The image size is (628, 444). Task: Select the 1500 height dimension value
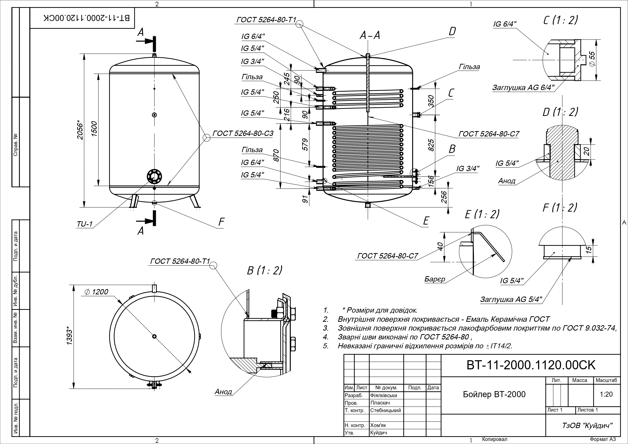point(94,129)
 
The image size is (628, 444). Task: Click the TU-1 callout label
point(85,224)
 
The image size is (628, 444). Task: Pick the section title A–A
point(370,35)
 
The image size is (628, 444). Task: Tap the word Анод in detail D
point(507,181)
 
